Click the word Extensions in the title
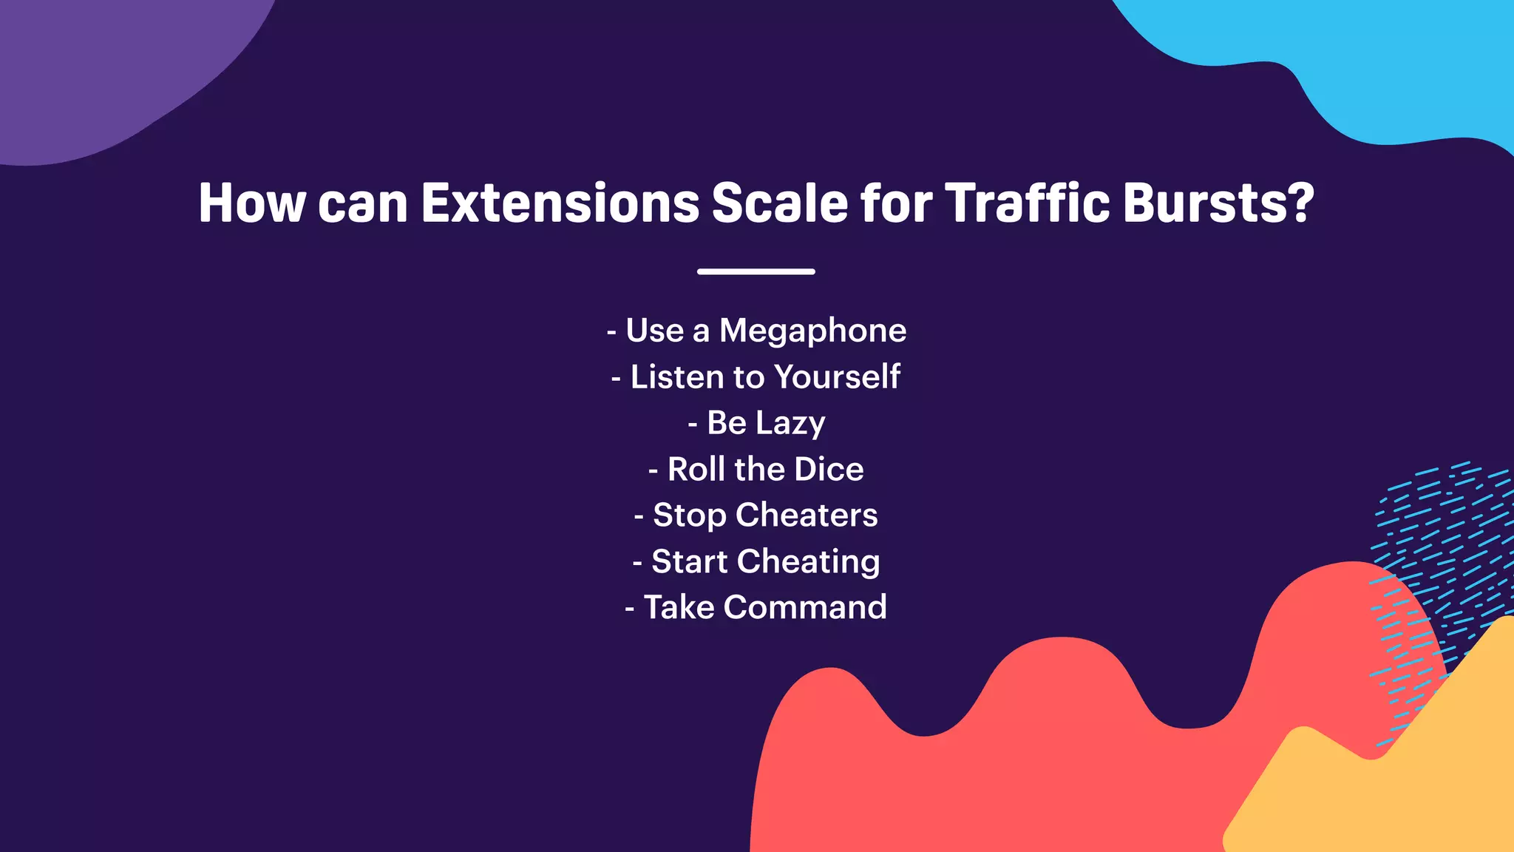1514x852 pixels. tap(560, 203)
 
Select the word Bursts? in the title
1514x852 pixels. tap(1219, 203)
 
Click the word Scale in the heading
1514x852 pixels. tap(779, 203)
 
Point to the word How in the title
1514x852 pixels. tap(251, 203)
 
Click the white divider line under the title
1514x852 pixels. tap(756, 271)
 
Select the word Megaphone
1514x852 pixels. tap(812, 331)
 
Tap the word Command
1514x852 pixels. tap(805, 608)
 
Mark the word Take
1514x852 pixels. tap(679, 608)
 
